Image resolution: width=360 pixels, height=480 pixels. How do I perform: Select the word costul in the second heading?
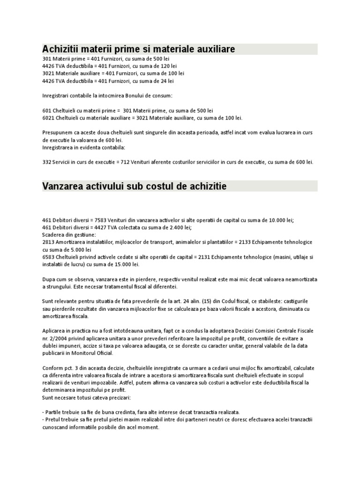click(x=146, y=186)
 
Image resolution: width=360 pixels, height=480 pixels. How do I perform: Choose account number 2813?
click(x=48, y=242)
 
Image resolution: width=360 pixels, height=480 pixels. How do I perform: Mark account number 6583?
click(x=48, y=257)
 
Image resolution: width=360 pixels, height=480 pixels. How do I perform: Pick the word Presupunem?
click(x=58, y=133)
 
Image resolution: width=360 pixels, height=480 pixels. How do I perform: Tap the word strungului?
click(x=61, y=286)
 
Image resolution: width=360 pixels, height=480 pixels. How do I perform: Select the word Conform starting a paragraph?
click(x=52, y=368)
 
